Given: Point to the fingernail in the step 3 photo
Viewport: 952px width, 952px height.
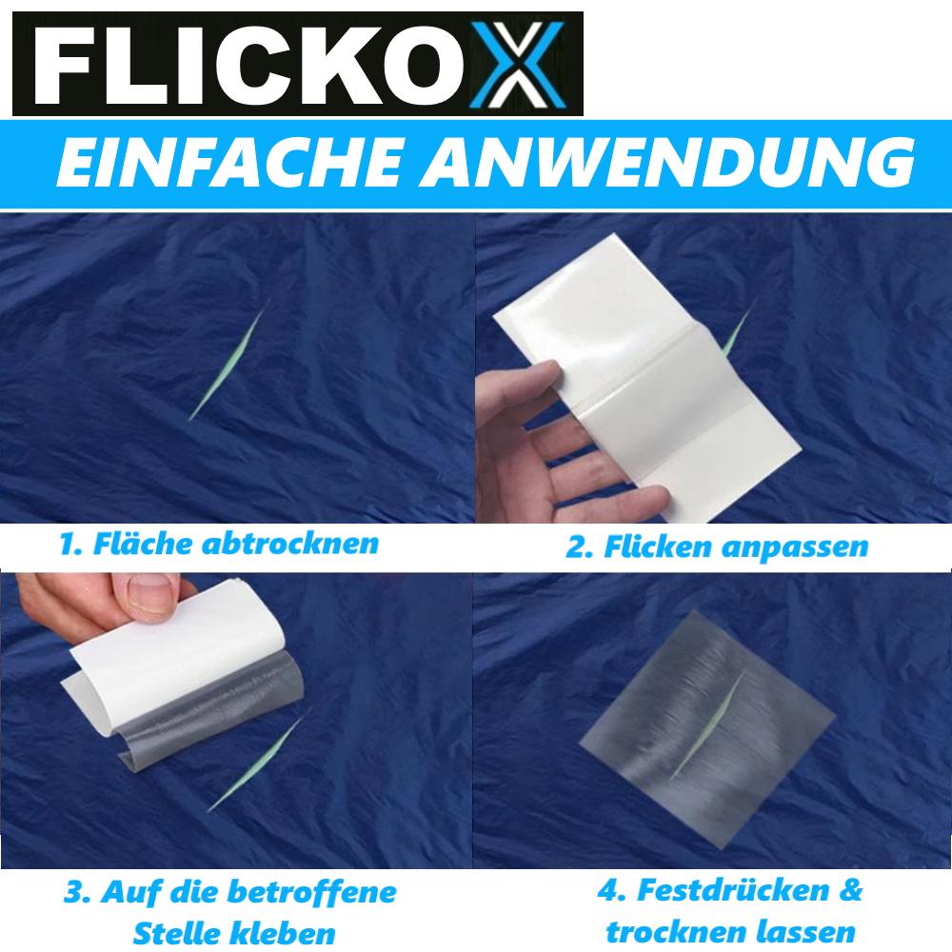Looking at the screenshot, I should tap(152, 602).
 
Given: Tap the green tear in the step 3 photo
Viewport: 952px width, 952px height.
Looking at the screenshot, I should tap(252, 762).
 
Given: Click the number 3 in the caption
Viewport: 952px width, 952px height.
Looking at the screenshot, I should tap(73, 894).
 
